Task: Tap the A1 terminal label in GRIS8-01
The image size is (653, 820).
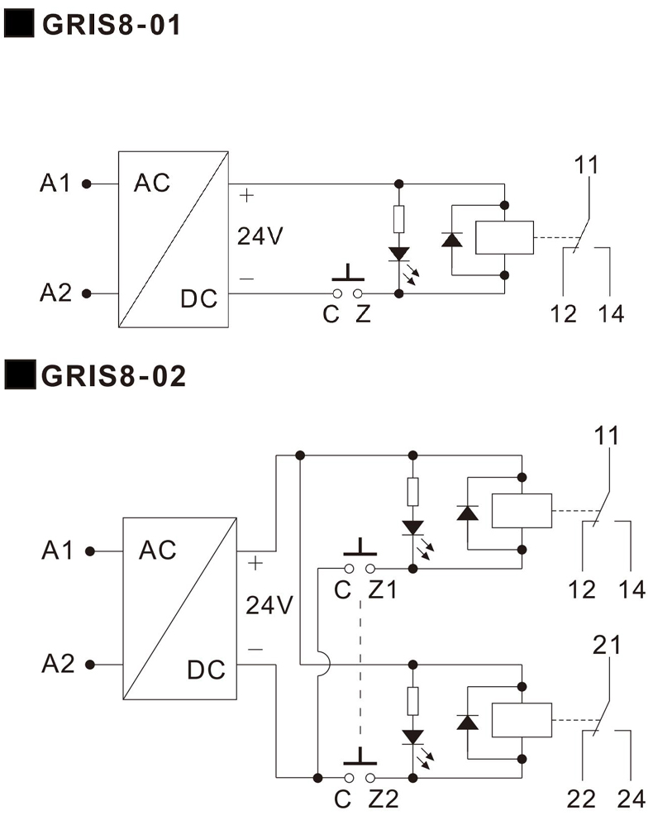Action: click(56, 183)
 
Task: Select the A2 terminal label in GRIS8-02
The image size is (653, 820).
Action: click(58, 663)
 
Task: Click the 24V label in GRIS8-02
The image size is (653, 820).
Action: click(269, 605)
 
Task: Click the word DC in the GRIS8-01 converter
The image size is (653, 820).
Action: click(198, 298)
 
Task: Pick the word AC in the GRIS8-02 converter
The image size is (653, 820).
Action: click(158, 550)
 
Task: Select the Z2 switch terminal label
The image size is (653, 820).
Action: click(383, 799)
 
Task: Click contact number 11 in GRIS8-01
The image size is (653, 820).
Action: click(587, 164)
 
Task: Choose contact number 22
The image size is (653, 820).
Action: click(583, 799)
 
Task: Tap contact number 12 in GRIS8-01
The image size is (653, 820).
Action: click(565, 314)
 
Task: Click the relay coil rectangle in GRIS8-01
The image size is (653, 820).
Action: click(501, 238)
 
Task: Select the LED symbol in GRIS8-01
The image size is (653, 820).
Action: click(399, 254)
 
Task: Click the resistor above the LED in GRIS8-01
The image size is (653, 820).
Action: click(399, 219)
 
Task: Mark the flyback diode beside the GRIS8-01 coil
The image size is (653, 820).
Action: click(451, 239)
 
